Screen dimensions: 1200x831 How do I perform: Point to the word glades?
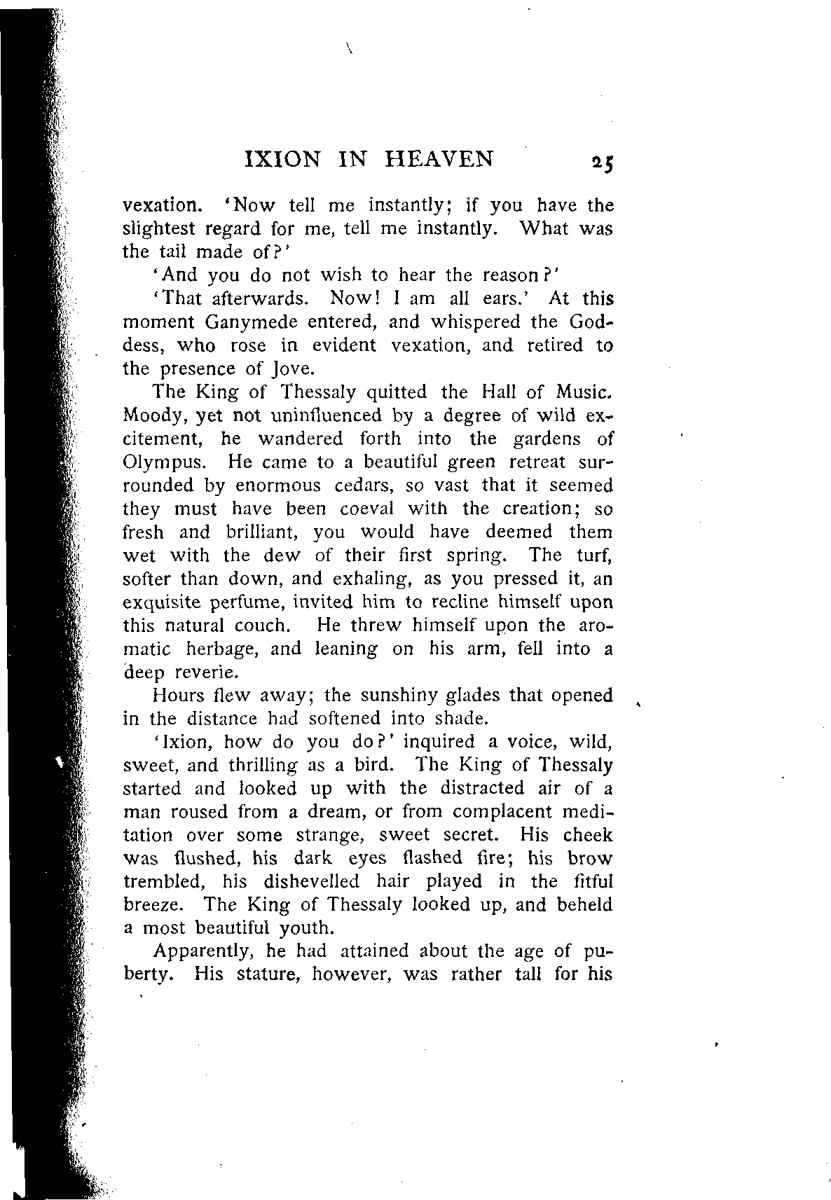coord(475,696)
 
